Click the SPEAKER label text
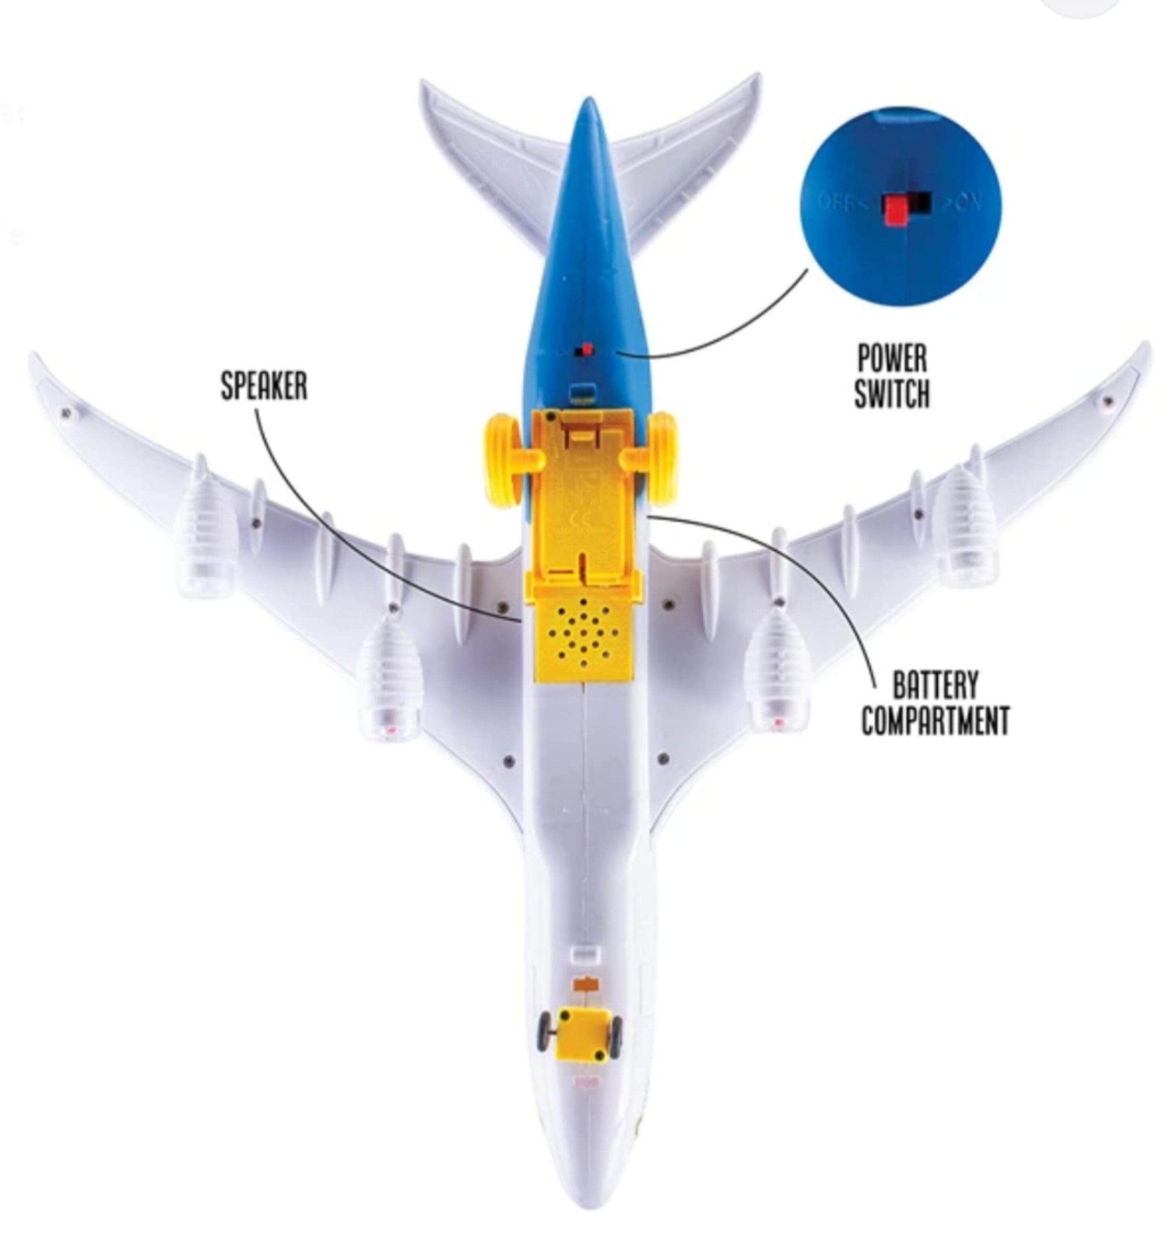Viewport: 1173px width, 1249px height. pyautogui.click(x=264, y=386)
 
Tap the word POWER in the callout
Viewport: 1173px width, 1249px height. pyautogui.click(x=892, y=359)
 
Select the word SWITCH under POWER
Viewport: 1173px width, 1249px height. pyautogui.click(x=891, y=394)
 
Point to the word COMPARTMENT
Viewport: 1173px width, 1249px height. pyautogui.click(x=935, y=720)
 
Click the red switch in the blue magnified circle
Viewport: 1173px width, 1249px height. pyautogui.click(x=893, y=210)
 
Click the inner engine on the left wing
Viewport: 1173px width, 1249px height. pyautogui.click(x=389, y=679)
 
